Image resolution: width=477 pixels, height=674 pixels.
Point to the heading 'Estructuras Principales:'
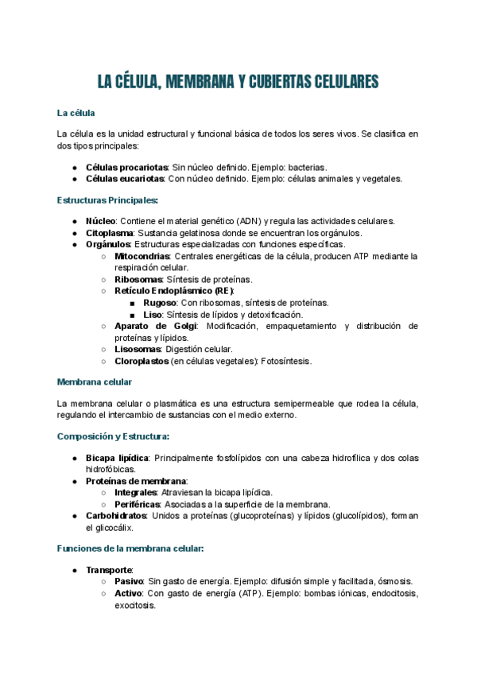pyautogui.click(x=107, y=200)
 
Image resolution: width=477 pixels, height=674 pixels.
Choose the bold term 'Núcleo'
pyautogui.click(x=100, y=221)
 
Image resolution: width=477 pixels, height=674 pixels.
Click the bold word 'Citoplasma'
pyautogui.click(x=111, y=233)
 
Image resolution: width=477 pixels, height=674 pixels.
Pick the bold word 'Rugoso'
pyautogui.click(x=160, y=303)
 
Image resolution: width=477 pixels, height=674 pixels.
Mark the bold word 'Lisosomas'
pyautogui.click(x=139, y=349)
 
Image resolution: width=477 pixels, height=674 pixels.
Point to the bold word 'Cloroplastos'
pyautogui.click(x=142, y=361)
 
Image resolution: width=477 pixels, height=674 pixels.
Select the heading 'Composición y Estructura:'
pyautogui.click(x=113, y=436)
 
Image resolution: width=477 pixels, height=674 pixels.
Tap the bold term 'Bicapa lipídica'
pyautogui.click(x=117, y=459)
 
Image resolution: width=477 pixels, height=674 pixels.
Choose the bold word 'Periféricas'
pyautogui.click(x=138, y=505)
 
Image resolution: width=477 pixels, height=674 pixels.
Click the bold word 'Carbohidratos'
pyautogui.click(x=116, y=516)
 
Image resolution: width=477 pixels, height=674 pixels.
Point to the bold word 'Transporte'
pyautogui.click(x=109, y=570)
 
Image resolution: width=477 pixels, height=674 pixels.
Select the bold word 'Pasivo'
pyautogui.click(x=130, y=582)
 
